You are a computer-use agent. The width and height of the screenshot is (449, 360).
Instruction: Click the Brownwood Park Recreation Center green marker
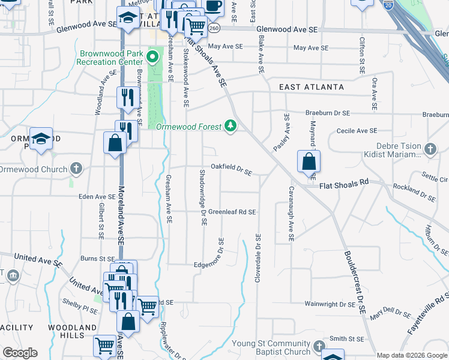pyautogui.click(x=152, y=58)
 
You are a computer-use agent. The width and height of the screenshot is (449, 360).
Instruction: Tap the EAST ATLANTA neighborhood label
pyautogui.click(x=312, y=88)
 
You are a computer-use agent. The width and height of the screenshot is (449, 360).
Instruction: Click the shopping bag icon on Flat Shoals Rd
pyautogui.click(x=309, y=161)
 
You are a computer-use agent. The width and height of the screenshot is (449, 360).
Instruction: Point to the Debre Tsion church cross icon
pyautogui.click(x=430, y=148)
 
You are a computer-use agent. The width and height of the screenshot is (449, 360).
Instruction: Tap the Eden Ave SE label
pyautogui.click(x=97, y=196)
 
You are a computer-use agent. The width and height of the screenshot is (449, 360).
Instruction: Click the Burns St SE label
pyautogui.click(x=97, y=259)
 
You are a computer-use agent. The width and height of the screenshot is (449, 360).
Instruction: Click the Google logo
pyautogui.click(x=20, y=353)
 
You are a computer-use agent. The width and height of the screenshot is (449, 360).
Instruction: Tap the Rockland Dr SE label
pyautogui.click(x=414, y=191)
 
